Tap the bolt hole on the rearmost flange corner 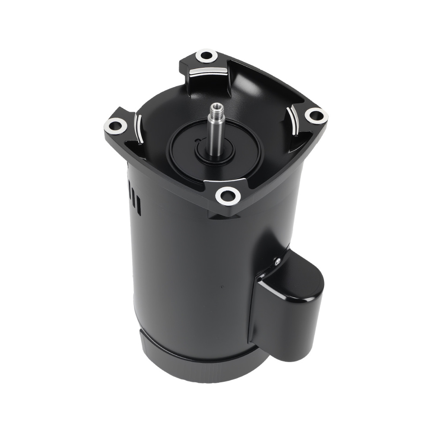click(x=206, y=56)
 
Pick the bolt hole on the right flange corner click(x=316, y=115)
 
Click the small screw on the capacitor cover click(x=275, y=260)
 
